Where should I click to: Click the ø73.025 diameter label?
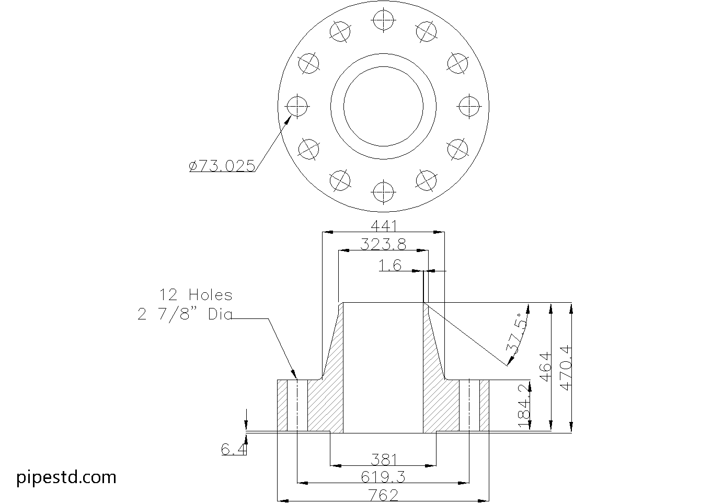(222, 166)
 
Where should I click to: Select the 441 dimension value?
(384, 226)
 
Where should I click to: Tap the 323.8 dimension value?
(384, 244)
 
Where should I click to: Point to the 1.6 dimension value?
(390, 266)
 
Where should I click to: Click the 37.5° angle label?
(515, 335)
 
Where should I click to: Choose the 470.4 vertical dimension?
(566, 368)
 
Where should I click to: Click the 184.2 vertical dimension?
(524, 407)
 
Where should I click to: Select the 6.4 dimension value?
(233, 449)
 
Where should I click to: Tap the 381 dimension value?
(384, 460)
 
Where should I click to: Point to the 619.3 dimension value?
(384, 477)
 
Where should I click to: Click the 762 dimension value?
(384, 495)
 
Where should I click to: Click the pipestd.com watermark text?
(66, 477)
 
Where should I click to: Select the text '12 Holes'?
(196, 295)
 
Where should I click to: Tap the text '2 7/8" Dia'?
(185, 315)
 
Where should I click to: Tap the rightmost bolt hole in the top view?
(468, 106)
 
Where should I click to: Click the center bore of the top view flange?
(383, 106)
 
